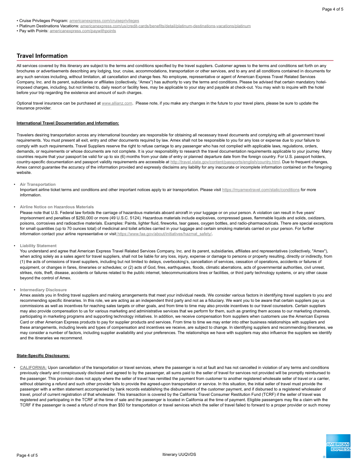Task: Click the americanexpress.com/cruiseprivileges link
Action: click(104, 21)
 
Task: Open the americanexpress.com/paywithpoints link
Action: click(83, 31)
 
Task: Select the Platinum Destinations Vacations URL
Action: click(165, 26)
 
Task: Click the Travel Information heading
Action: click(42, 56)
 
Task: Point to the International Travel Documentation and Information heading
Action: click(67, 123)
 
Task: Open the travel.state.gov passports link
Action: click(225, 162)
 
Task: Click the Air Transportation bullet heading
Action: click(38, 184)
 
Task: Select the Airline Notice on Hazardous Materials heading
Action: click(57, 207)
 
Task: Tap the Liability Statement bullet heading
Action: click(38, 246)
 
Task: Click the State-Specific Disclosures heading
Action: click(43, 356)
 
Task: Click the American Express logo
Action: click(338, 447)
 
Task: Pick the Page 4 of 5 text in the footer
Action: click(27, 455)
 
